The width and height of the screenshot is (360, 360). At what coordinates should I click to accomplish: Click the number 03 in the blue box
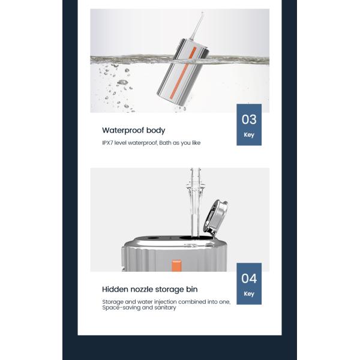pos(249,119)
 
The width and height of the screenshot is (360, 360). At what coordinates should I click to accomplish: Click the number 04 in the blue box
pos(249,279)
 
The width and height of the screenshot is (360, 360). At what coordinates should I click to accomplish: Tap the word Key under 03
pos(249,134)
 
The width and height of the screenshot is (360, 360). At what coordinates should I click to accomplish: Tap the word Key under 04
pos(249,294)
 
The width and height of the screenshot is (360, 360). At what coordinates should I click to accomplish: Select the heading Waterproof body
pos(133,130)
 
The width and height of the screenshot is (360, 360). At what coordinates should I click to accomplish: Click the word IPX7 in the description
pos(108,143)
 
